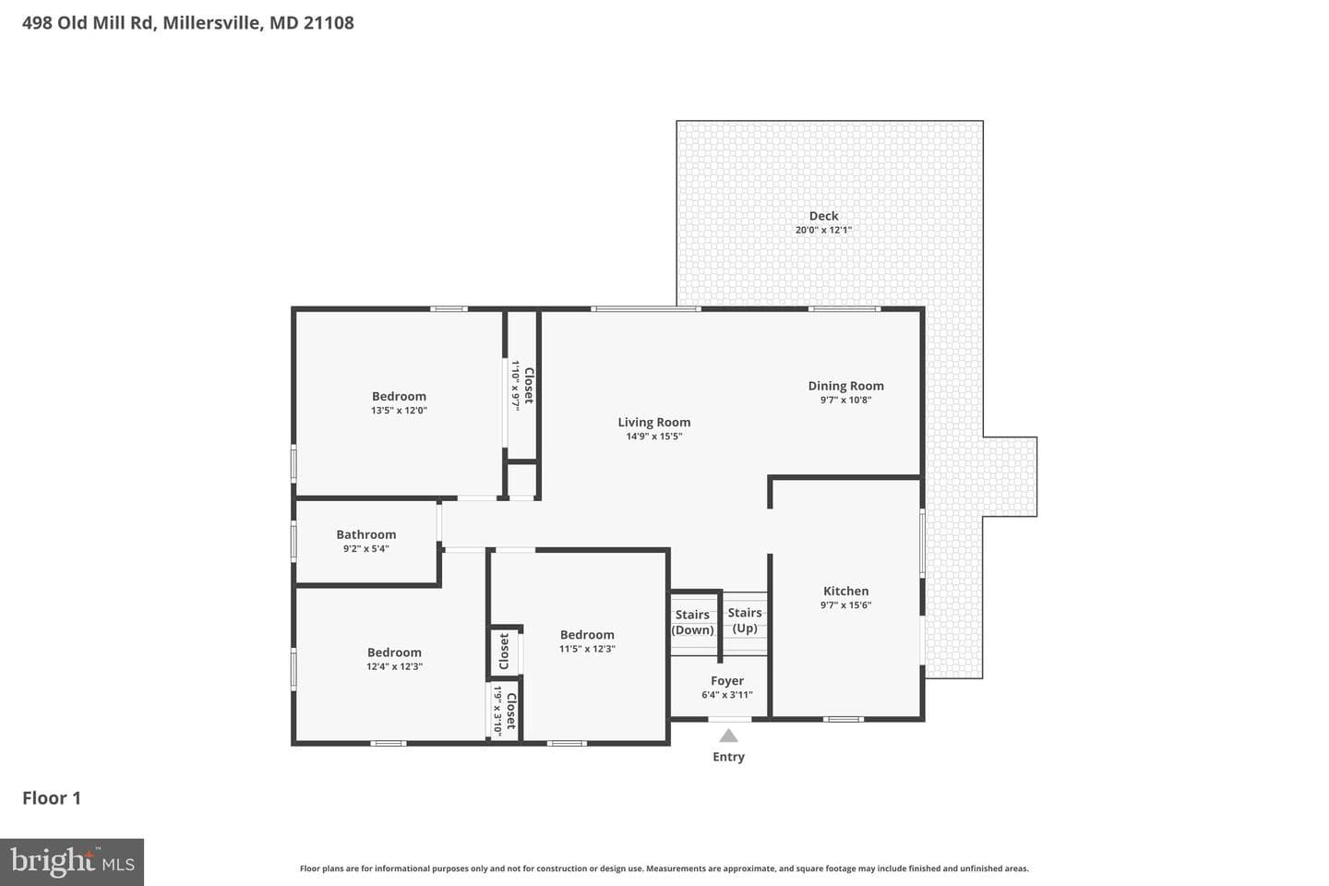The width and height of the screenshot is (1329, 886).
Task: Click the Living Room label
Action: point(653,423)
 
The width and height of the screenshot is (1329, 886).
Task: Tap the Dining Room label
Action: point(845,387)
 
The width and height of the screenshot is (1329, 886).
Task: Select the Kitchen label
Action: point(845,591)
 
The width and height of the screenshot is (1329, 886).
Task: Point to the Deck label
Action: point(823,216)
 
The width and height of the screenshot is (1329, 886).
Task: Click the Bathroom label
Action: point(366,534)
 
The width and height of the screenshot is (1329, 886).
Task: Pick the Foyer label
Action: point(727,681)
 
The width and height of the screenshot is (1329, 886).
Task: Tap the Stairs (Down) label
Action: point(692,623)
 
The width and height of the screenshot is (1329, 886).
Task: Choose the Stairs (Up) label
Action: point(745,620)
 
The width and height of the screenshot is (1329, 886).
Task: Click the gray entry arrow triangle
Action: point(728,736)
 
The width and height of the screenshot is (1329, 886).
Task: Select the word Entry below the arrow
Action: point(728,757)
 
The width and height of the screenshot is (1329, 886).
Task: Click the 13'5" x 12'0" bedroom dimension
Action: point(400,410)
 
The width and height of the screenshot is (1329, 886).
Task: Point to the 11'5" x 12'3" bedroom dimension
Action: point(587,649)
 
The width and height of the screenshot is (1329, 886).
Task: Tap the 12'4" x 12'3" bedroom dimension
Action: point(395,666)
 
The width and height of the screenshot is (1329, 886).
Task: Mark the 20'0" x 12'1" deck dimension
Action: point(823,230)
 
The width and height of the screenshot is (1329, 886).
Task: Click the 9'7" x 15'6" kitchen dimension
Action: point(845,605)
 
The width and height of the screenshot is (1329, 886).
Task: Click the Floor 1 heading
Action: point(52,798)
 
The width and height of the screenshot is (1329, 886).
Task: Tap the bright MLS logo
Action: point(72,862)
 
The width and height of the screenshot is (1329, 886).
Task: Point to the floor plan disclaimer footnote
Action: point(664,868)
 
